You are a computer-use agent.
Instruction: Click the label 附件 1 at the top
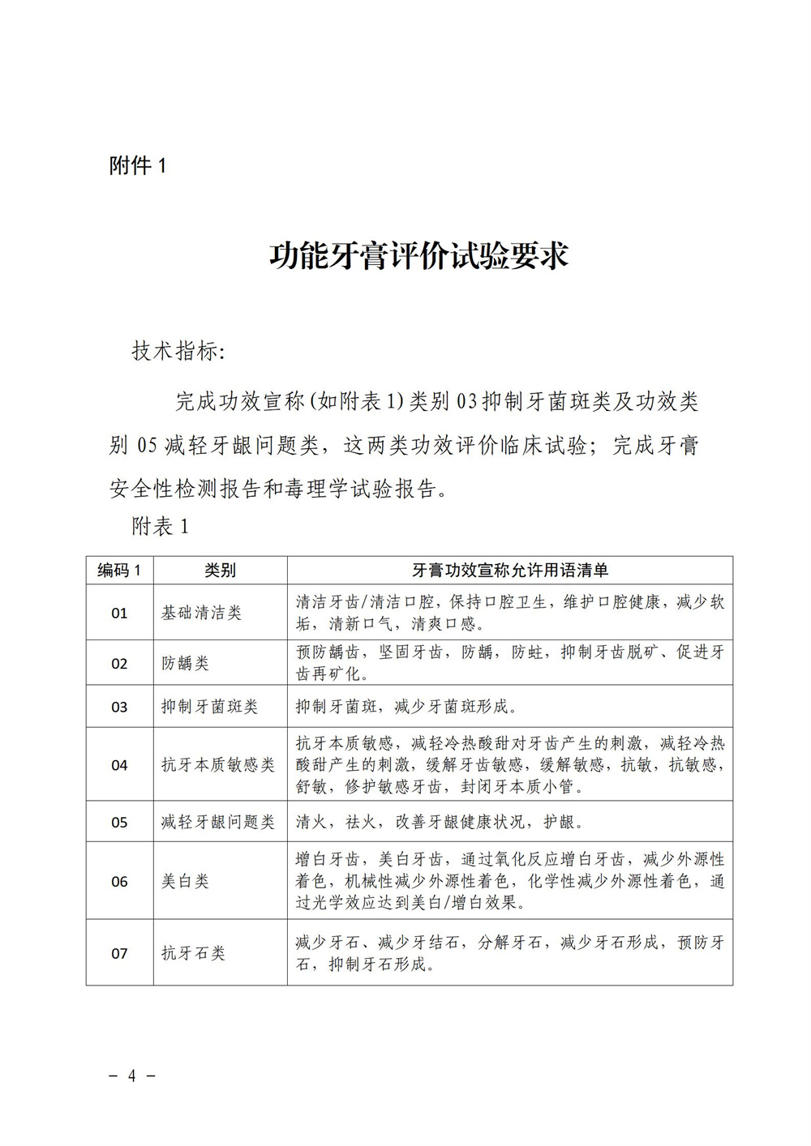[137, 166]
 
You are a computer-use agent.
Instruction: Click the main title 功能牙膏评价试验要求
[418, 254]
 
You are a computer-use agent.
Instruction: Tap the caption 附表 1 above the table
[160, 526]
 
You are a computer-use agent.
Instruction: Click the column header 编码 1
[119, 570]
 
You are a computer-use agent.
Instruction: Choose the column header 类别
[220, 570]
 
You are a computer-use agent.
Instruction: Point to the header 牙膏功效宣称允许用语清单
[510, 570]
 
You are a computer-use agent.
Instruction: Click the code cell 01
[119, 613]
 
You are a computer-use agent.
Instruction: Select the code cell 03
[119, 707]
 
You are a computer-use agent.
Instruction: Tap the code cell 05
[119, 822]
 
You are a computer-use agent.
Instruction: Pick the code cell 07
[119, 953]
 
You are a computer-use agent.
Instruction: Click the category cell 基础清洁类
[201, 613]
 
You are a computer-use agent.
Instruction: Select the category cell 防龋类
[185, 663]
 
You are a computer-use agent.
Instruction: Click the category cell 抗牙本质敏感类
[217, 764]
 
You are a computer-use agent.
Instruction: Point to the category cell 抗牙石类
[193, 953]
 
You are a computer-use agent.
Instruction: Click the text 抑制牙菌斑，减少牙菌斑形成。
[406, 707]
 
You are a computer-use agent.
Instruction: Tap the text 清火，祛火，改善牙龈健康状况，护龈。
[440, 822]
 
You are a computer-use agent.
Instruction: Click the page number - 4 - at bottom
[131, 1075]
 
